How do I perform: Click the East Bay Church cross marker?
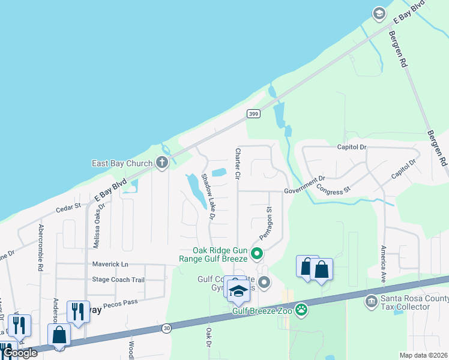coord(161,163)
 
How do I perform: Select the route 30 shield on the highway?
coord(166,328)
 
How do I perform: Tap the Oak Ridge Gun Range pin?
coord(256,254)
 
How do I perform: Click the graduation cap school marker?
coord(238,291)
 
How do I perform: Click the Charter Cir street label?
coord(238,165)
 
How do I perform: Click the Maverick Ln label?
coord(110,264)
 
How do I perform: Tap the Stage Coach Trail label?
coord(118,280)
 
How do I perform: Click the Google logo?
coord(20,353)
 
